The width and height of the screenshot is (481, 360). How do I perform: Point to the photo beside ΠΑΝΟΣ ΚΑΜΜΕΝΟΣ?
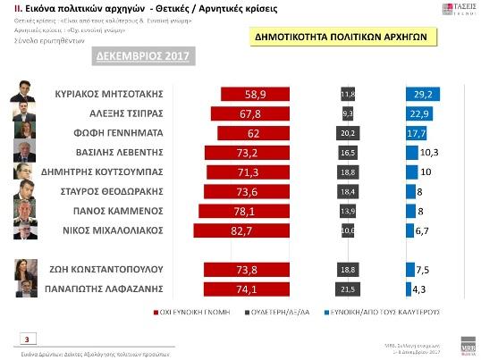coord(24,209)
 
